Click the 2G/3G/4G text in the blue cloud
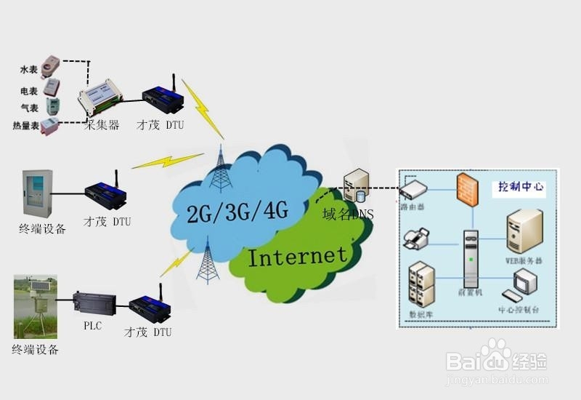(x=238, y=212)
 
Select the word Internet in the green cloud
(x=298, y=256)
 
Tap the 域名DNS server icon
(x=355, y=186)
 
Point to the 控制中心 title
(x=521, y=188)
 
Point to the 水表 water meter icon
(x=49, y=66)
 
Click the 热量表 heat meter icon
(x=49, y=126)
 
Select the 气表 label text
(x=29, y=108)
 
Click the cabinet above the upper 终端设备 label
(x=37, y=193)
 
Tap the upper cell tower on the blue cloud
(x=221, y=171)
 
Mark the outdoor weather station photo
(x=35, y=306)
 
